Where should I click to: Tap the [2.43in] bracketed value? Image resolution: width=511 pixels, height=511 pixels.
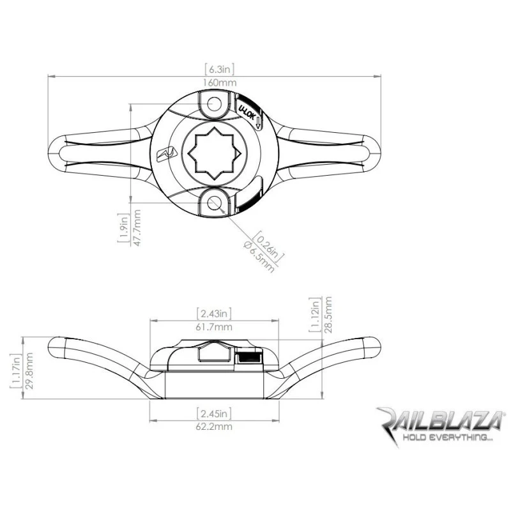coord(214,314)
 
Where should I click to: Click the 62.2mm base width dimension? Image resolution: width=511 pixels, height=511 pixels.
coord(214,426)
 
